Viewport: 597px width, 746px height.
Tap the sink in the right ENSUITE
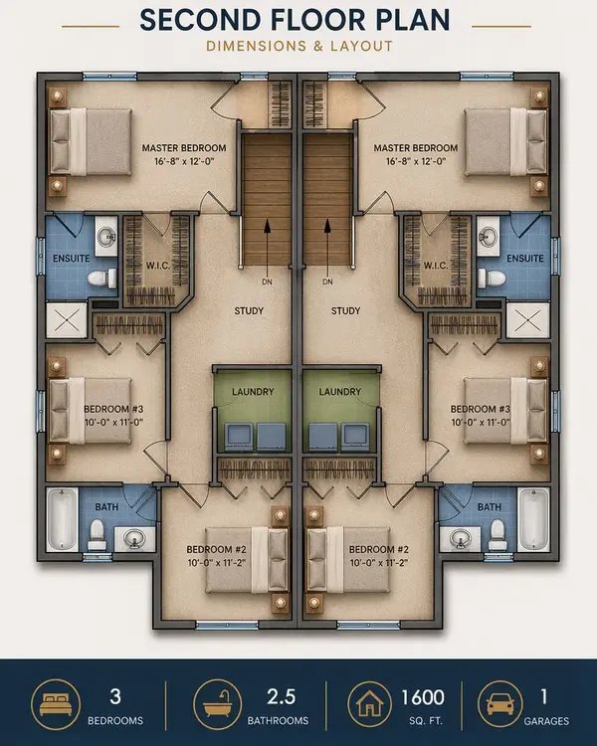point(488,239)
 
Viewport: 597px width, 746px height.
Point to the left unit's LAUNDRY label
point(254,391)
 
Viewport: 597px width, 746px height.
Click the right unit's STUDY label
point(344,311)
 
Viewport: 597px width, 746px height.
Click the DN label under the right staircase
point(328,281)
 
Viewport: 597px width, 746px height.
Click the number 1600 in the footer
point(424,697)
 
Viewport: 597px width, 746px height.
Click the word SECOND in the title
point(198,19)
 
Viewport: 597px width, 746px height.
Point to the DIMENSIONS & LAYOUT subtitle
point(298,46)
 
